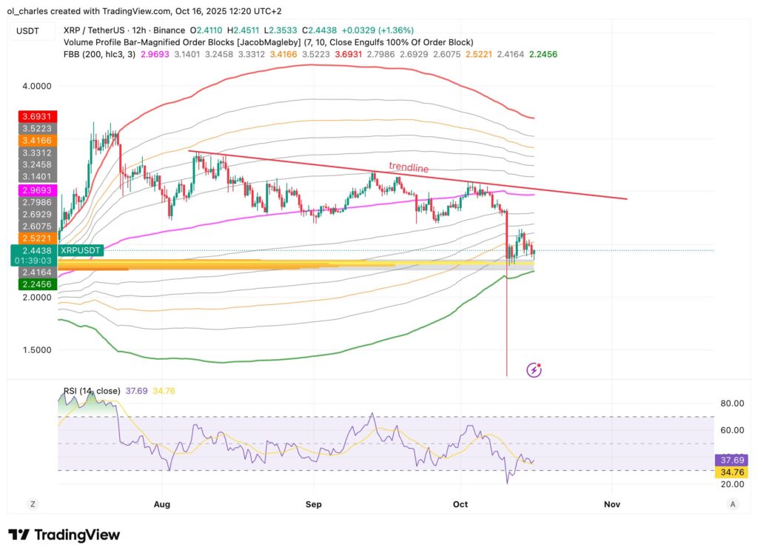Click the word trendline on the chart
409,168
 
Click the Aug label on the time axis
162,504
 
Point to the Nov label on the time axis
611,504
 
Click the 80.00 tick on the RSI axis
732,403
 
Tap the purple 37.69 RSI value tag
731,460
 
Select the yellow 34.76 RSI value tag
731,472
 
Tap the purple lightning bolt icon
534,369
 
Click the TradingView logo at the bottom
64,535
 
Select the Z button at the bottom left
33,504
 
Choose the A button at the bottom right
732,504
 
